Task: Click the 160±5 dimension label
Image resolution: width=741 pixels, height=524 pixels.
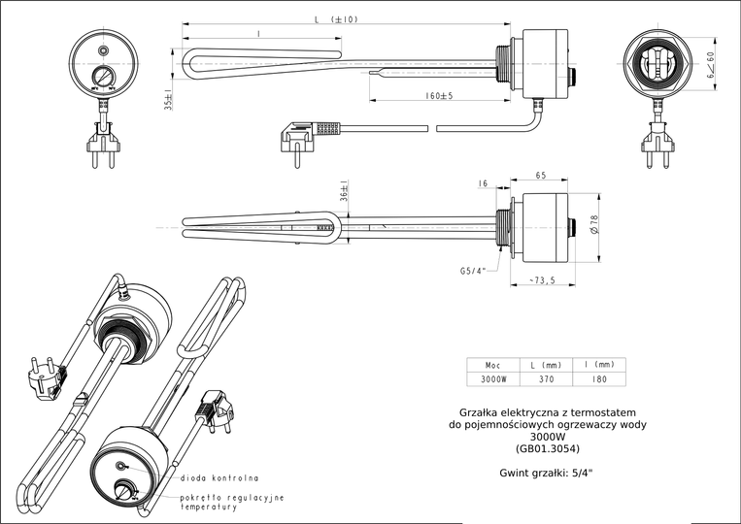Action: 439,96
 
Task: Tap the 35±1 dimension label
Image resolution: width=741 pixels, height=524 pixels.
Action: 168,100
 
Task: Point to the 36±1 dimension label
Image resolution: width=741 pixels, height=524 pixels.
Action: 345,195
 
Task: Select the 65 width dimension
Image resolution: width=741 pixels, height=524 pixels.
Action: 540,176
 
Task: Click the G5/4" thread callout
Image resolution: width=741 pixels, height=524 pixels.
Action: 472,271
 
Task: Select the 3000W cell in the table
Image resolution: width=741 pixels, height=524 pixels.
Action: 493,379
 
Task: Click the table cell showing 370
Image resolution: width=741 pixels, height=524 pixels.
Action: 547,379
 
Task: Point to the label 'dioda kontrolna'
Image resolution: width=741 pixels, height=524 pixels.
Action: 219,478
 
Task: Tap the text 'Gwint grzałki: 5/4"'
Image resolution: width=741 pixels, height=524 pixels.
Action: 546,473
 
